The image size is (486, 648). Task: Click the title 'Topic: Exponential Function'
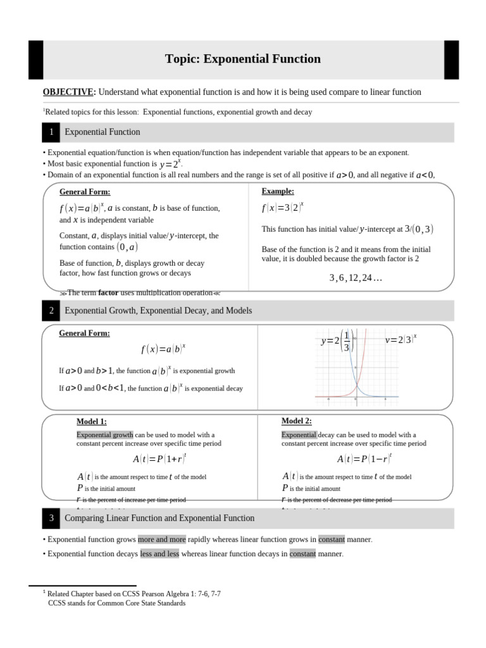(x=242, y=59)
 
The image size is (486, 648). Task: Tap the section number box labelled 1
(x=51, y=132)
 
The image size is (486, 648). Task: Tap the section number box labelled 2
(x=51, y=311)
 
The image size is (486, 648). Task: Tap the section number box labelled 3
(x=51, y=518)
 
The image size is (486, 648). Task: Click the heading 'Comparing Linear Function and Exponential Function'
(x=159, y=518)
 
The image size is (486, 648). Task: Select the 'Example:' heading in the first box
(x=278, y=191)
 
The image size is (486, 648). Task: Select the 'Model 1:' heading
(x=92, y=421)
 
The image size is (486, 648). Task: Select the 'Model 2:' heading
(x=297, y=421)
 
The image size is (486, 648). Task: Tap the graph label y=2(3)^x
(x=401, y=340)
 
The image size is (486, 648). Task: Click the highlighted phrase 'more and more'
(x=162, y=540)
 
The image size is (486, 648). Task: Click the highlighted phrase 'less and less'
(x=159, y=554)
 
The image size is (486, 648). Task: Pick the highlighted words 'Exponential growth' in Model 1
(x=105, y=435)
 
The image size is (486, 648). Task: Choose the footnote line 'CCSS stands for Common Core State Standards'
(x=117, y=603)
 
